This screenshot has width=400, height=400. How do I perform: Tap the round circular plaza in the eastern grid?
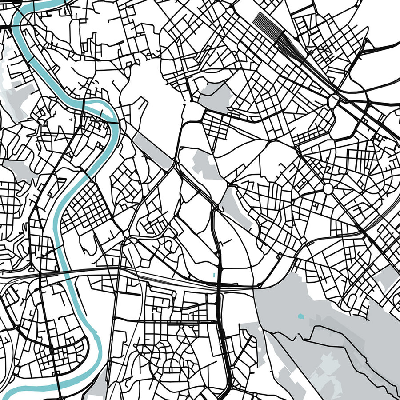tap(328, 189)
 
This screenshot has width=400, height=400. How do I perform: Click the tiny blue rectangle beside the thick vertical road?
tap(214, 274)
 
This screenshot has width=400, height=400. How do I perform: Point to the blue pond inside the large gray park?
tap(300, 316)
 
